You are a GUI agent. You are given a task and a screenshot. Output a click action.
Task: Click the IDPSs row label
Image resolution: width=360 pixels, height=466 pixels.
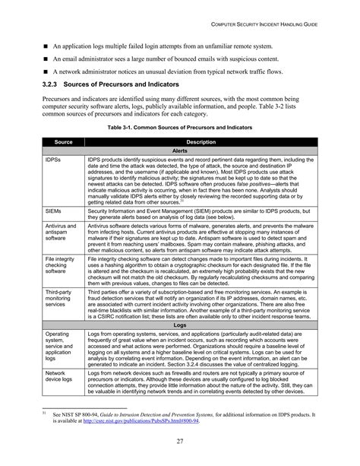pyautogui.click(x=53, y=160)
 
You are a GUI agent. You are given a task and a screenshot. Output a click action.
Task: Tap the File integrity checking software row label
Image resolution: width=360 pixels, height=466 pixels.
pyautogui.click(x=59, y=267)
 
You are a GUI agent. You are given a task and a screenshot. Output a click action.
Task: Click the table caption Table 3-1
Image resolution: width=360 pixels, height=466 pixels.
pyautogui.click(x=180, y=128)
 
